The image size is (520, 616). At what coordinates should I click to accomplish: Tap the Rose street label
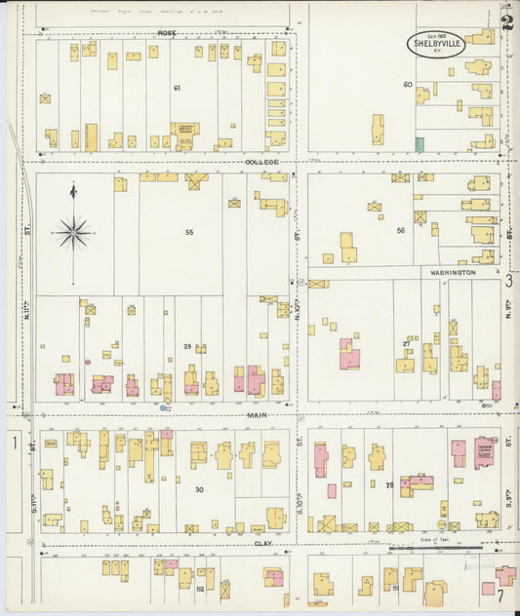[165, 32]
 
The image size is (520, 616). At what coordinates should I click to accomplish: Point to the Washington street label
[454, 273]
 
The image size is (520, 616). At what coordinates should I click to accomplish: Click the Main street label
[258, 414]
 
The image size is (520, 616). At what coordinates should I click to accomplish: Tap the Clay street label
[261, 542]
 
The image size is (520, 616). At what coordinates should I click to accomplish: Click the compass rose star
[73, 232]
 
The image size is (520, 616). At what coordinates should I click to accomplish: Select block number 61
[177, 88]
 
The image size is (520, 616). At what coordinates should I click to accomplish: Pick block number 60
[408, 84]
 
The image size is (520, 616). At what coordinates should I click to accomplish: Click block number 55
[189, 232]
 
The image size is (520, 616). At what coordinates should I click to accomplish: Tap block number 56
[400, 230]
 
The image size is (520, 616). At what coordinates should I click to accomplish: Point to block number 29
[186, 346]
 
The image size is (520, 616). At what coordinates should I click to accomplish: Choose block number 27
[406, 343]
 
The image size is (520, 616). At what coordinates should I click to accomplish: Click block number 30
[199, 489]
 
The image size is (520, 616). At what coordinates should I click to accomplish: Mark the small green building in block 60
[420, 144]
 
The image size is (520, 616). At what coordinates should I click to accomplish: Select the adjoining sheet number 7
[500, 595]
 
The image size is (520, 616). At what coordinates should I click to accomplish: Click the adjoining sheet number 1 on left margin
[15, 443]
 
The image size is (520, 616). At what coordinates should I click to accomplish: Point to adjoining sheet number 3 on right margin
[509, 282]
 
